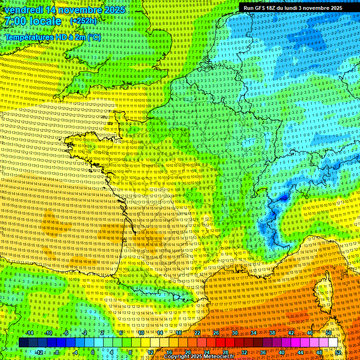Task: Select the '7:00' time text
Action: (x=16, y=21)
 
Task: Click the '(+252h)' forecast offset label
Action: (x=83, y=21)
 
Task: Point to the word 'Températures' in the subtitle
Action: (x=29, y=37)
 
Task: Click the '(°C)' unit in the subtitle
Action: (x=94, y=37)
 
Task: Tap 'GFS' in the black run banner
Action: (x=262, y=8)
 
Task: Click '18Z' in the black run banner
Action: (x=275, y=8)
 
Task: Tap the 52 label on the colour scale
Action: (x=338, y=352)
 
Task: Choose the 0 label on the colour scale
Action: (x=93, y=352)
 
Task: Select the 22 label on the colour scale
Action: (x=197, y=333)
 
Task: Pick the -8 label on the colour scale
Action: (x=56, y=352)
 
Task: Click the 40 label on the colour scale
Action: (x=282, y=352)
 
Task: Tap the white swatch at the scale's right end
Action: (x=333, y=343)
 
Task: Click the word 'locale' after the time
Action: (x=46, y=21)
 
